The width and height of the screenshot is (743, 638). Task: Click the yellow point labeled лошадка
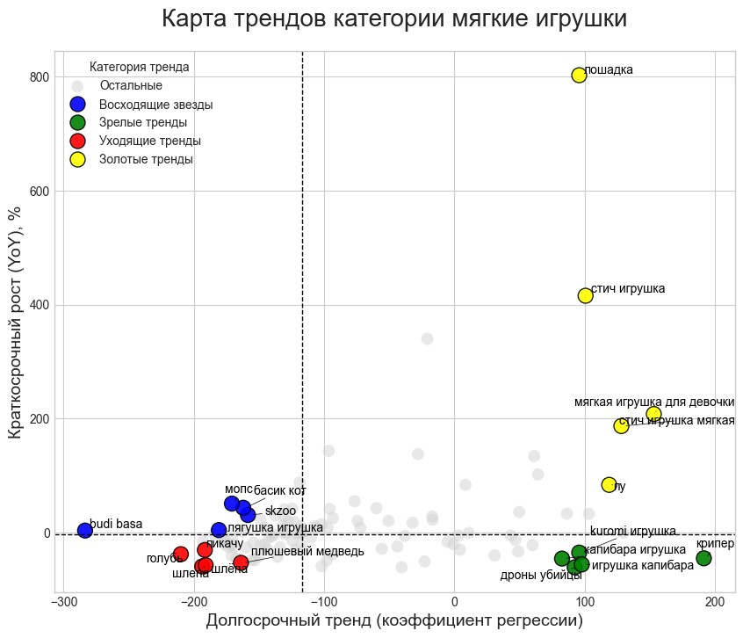pyautogui.click(x=579, y=75)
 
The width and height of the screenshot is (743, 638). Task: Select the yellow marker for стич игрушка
pyautogui.click(x=586, y=295)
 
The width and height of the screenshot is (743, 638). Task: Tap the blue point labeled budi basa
pyautogui.click(x=85, y=530)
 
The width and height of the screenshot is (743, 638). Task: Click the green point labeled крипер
pyautogui.click(x=703, y=558)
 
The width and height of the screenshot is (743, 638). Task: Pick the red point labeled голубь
pyautogui.click(x=181, y=554)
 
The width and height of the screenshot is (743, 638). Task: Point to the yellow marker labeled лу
pyautogui.click(x=609, y=484)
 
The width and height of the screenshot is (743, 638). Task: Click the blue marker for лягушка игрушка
pyautogui.click(x=219, y=530)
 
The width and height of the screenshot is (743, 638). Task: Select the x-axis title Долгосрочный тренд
pyautogui.click(x=394, y=620)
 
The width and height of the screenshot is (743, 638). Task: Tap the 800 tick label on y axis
pyautogui.click(x=40, y=77)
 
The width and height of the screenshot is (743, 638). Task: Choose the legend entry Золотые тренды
pyautogui.click(x=146, y=159)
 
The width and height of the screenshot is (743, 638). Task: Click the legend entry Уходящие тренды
pyautogui.click(x=150, y=141)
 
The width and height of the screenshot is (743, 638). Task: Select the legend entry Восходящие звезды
pyautogui.click(x=155, y=105)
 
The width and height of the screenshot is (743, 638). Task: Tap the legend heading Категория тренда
pyautogui.click(x=140, y=67)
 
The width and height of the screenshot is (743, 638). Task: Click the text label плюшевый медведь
pyautogui.click(x=307, y=551)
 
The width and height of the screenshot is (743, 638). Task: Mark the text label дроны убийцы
pyautogui.click(x=541, y=576)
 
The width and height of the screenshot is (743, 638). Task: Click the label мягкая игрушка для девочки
pyautogui.click(x=654, y=402)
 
